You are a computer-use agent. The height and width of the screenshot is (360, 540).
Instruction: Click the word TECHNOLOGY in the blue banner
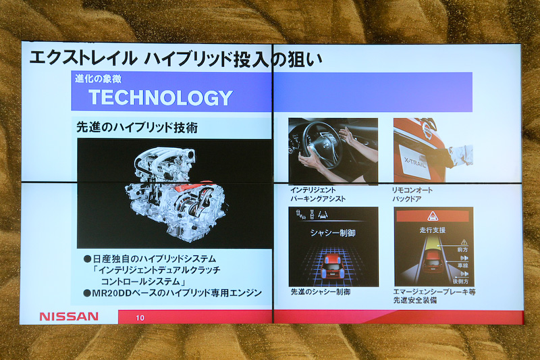pyautogui.click(x=160, y=97)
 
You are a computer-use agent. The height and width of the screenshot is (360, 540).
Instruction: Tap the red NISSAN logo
pyautogui.click(x=69, y=316)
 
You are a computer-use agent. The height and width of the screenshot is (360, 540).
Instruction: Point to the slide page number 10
pyautogui.click(x=140, y=317)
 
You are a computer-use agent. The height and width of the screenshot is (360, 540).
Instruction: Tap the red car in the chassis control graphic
pyautogui.click(x=333, y=264)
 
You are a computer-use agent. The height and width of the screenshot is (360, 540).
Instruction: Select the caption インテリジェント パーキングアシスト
pyautogui.click(x=318, y=195)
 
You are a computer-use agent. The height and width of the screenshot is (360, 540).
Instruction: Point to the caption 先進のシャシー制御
pyautogui.click(x=322, y=292)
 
